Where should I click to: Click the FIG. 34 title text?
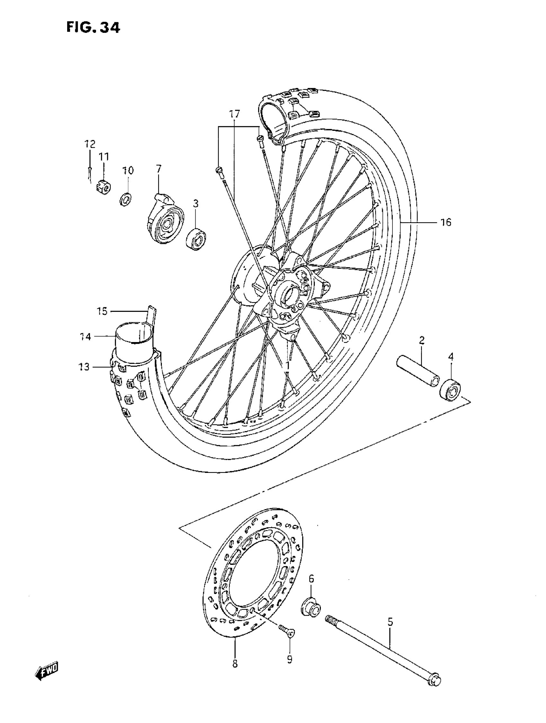pos(93,27)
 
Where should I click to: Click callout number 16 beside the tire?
pos(446,222)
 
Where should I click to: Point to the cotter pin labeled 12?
pos(90,173)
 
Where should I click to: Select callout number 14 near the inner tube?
pos(85,337)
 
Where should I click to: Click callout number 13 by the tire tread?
pos(84,367)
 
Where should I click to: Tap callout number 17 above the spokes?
pos(234,114)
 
